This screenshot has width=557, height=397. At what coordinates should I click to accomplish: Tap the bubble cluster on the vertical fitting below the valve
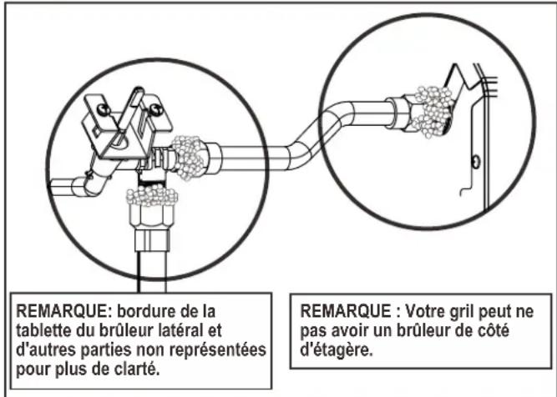point(151,198)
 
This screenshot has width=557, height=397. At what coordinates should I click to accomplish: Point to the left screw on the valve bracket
point(103,108)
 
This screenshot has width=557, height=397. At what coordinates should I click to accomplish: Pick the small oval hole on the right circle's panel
point(473,160)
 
